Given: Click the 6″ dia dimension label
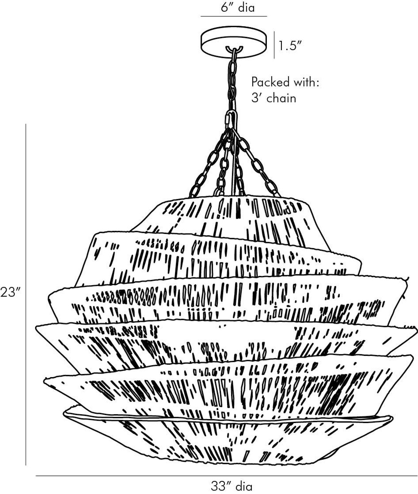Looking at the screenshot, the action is pos(238,8).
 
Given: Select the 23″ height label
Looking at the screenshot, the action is pos(11,292).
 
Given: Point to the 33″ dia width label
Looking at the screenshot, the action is pos(231,487).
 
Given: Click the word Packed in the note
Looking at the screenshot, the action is pos(267,82).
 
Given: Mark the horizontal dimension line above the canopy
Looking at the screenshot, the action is pos(234,16).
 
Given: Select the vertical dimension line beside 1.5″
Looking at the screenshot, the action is pos(274,45).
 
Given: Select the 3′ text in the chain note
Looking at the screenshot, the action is pos(257,98).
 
